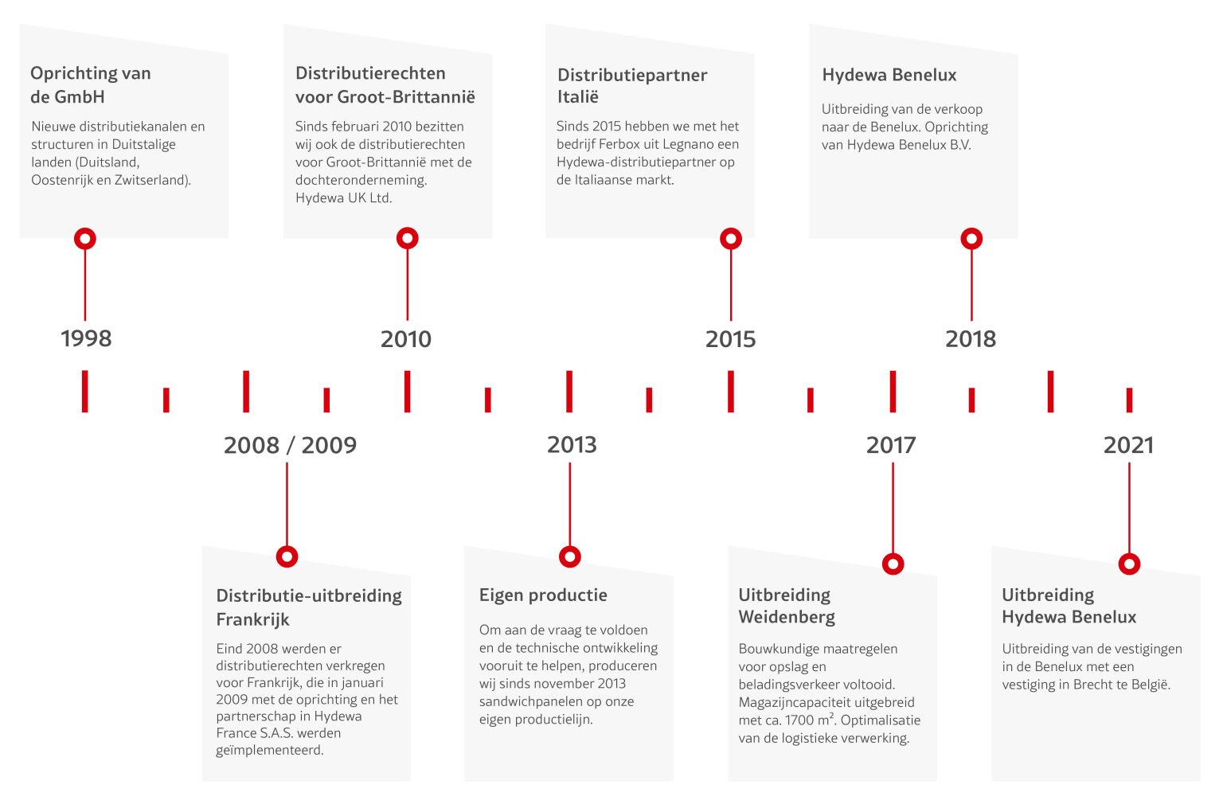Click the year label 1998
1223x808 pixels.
(x=86, y=338)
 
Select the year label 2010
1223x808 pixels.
(x=405, y=339)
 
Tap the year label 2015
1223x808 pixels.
(x=730, y=339)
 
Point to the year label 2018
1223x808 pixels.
(x=971, y=339)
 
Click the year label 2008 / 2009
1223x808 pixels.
(x=290, y=445)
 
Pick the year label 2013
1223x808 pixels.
(x=572, y=445)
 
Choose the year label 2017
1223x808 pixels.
(x=891, y=445)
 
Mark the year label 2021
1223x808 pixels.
(x=1128, y=445)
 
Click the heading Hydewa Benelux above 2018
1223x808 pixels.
(x=889, y=75)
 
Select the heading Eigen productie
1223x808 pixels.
(x=543, y=595)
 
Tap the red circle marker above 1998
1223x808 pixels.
(x=85, y=239)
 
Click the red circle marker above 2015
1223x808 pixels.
(x=731, y=239)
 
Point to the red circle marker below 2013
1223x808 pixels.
(x=570, y=557)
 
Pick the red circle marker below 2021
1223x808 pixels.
(x=1129, y=564)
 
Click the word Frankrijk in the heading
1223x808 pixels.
(x=252, y=619)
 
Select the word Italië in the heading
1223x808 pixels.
(x=577, y=96)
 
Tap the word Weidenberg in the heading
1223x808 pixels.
(x=787, y=618)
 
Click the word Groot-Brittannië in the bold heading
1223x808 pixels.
(x=406, y=96)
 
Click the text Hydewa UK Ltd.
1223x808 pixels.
(x=344, y=197)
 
